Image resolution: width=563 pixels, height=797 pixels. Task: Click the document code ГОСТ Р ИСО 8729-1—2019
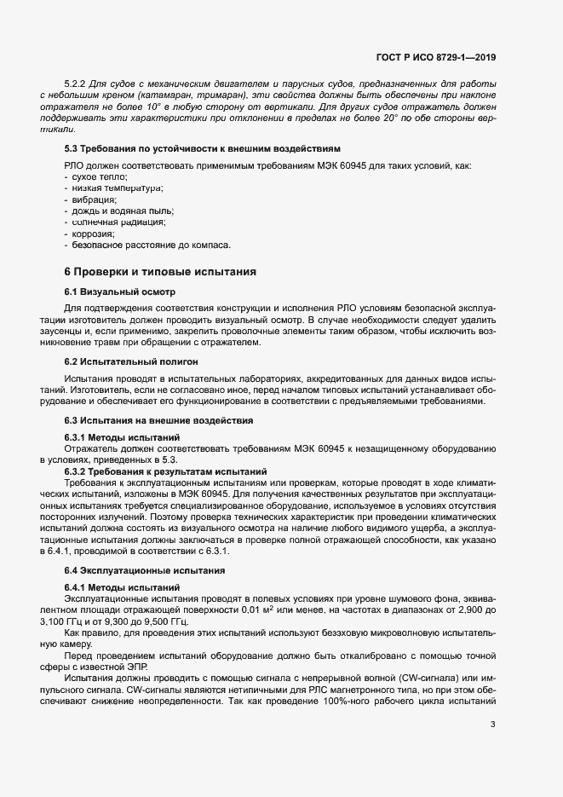435,57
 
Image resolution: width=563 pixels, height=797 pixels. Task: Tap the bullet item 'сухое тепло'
100,175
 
